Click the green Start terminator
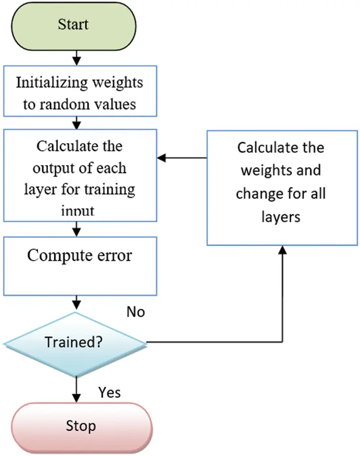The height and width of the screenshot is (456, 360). [x=73, y=25]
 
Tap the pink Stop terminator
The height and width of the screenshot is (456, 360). [x=80, y=426]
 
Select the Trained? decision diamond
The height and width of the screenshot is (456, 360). [x=75, y=343]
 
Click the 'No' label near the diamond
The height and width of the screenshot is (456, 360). [x=136, y=312]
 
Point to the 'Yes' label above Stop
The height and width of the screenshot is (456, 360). [x=109, y=393]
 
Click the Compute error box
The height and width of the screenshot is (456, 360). [x=80, y=266]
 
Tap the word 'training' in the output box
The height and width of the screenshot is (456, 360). [x=111, y=189]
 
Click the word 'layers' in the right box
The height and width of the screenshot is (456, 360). [x=281, y=217]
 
